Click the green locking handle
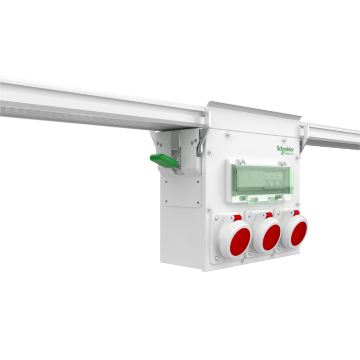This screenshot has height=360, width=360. [163, 161]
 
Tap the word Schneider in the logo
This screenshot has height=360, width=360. [285, 148]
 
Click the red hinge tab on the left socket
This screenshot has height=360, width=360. [237, 217]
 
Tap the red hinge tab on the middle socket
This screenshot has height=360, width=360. [269, 215]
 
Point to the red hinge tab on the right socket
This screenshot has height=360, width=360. [296, 213]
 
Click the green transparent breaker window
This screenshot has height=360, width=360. [259, 180]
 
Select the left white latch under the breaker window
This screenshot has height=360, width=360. [251, 200]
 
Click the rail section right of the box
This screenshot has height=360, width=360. [333, 136]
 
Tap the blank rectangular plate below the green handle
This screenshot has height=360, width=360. [183, 190]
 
